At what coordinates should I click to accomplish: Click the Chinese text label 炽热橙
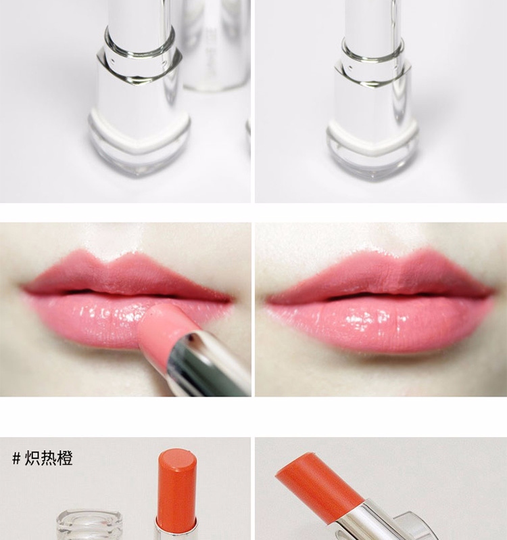pos(49,458)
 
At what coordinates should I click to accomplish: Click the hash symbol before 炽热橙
pos(16,458)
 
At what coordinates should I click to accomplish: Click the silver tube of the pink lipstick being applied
pos(206,365)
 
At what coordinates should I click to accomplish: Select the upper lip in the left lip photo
pos(124,275)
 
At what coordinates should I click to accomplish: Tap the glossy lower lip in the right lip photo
pos(379,323)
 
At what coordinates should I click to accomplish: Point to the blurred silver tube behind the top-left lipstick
pos(215,45)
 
